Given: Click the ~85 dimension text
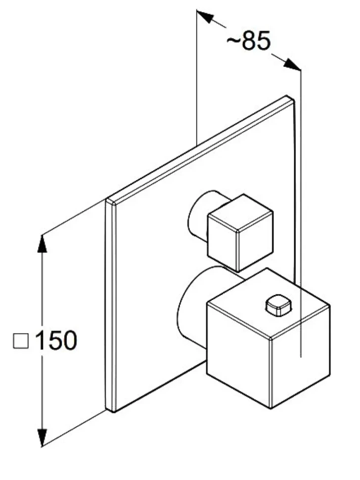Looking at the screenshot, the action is [248, 41].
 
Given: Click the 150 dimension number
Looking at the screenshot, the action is [56, 340].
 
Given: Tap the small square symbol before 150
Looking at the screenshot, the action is [21, 341].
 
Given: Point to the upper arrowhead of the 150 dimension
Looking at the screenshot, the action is [42, 243].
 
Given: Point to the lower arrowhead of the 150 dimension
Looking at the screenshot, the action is [42, 437].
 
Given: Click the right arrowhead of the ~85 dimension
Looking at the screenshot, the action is [292, 64].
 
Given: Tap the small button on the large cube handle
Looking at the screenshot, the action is [278, 305].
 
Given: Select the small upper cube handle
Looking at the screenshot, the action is [240, 233].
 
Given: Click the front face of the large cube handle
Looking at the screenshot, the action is [238, 355].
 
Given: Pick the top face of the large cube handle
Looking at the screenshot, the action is [268, 303].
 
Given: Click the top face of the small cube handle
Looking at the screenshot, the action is [240, 213].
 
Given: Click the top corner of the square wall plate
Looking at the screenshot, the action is [287, 96].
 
